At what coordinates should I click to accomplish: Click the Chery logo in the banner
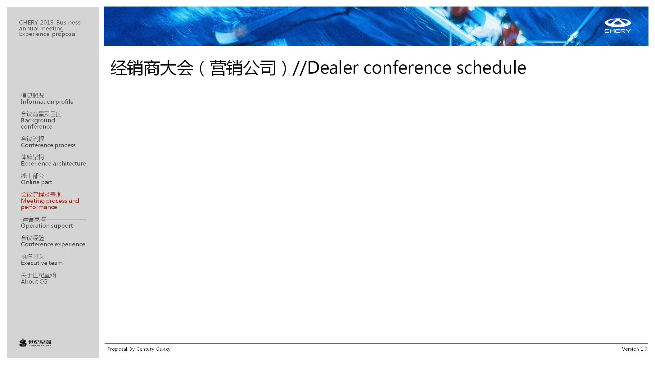point(617,26)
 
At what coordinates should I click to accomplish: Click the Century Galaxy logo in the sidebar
point(35,343)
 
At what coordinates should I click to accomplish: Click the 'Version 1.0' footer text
point(635,349)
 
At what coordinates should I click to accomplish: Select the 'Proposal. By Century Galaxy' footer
point(139,349)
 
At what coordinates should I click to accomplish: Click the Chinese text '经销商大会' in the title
point(152,68)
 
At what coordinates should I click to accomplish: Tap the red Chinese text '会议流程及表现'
point(41,194)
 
